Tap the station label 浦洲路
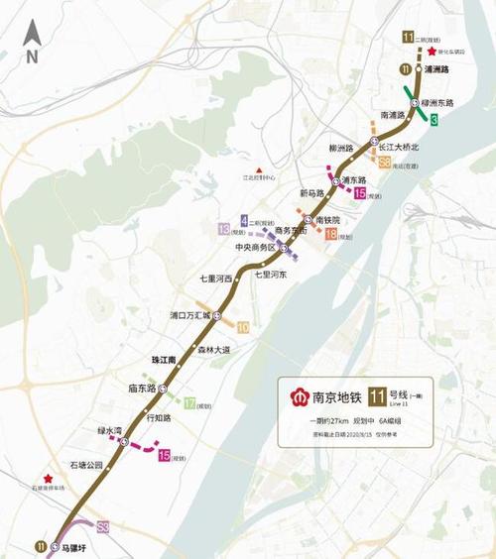pos(437,69)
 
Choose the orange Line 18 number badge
pos(330,235)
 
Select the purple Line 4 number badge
pos(244,219)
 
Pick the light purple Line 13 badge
pos(223,229)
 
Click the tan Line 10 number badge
pos(243,326)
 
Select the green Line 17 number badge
pos(189,403)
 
